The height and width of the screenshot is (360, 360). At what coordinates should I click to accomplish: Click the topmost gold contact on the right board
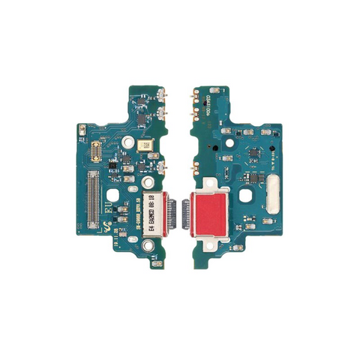[x=197, y=94]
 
